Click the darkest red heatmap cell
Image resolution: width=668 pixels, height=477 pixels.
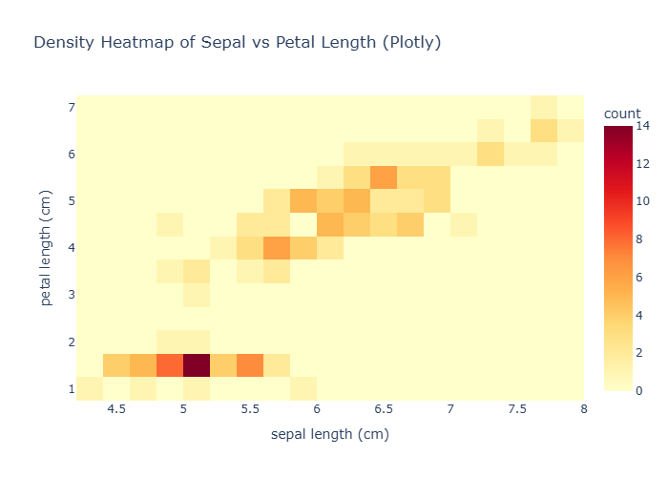point(197,365)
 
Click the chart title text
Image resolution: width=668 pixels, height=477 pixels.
point(237,43)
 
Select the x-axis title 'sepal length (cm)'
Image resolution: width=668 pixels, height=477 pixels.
point(330,434)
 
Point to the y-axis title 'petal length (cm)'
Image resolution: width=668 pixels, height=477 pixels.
point(46,248)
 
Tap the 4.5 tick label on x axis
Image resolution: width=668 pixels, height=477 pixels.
point(116,408)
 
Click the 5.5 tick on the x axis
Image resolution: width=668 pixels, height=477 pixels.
point(250,408)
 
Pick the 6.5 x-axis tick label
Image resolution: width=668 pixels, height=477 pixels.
point(384,408)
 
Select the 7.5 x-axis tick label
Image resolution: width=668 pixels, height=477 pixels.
point(517,408)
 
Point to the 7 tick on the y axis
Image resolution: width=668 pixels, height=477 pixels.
point(71,107)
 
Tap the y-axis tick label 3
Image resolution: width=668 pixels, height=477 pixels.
point(71,295)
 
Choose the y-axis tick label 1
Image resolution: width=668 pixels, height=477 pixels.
point(71,389)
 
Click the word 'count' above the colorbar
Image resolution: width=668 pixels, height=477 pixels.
point(622,114)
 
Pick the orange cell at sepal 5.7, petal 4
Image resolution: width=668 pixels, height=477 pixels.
point(277,248)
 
